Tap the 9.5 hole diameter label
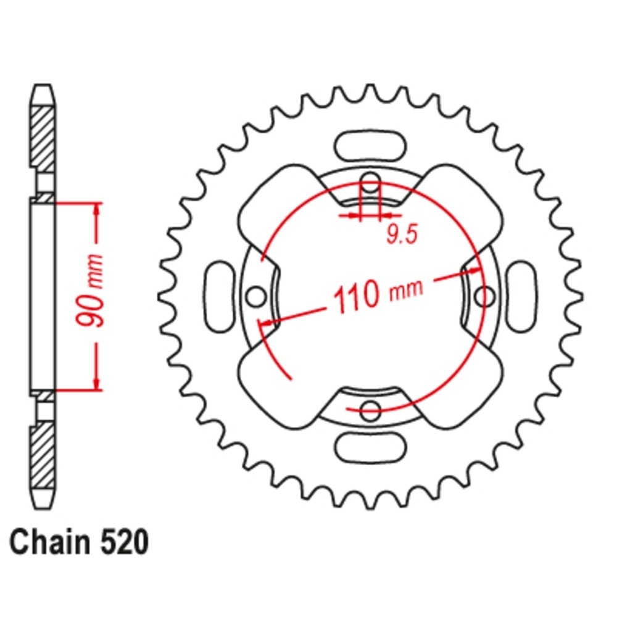402,235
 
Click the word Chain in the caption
50,542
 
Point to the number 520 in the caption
125,542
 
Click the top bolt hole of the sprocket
370,183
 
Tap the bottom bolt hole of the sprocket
370,410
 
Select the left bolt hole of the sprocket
256,297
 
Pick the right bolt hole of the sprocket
485,296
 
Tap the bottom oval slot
370,448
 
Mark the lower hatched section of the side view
43,455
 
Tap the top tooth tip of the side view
43,85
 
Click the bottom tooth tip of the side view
43,508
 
